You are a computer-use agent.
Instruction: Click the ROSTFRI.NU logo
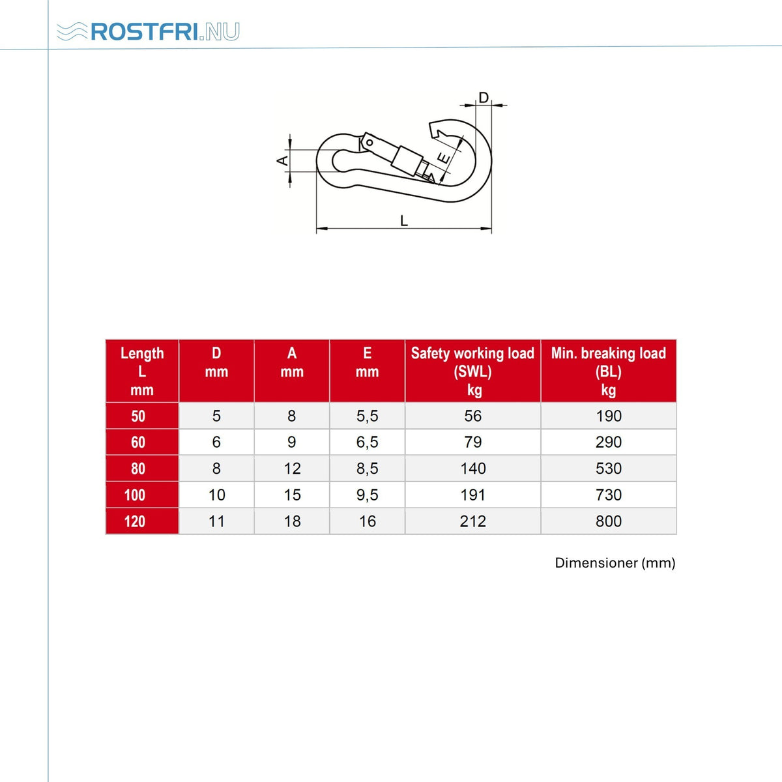(x=148, y=31)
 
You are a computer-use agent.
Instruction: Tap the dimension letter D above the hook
(x=484, y=98)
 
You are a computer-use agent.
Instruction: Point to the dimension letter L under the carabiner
(x=404, y=221)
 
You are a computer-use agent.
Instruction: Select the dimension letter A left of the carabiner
(x=283, y=161)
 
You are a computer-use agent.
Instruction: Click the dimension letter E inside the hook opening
(x=445, y=158)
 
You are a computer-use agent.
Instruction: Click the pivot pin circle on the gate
(x=370, y=143)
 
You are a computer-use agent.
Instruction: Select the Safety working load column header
(x=472, y=371)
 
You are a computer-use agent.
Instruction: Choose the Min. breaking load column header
(x=608, y=371)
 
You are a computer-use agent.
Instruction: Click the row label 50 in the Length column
(x=138, y=416)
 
